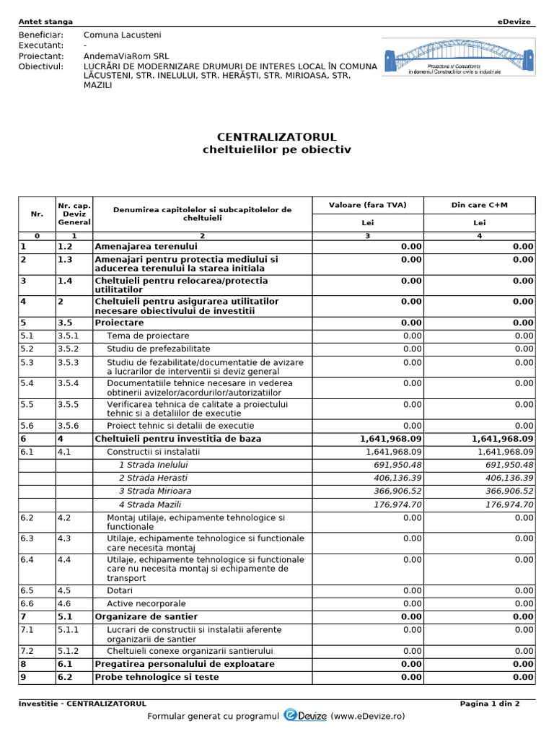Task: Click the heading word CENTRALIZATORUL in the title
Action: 277,137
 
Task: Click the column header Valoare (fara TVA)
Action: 367,205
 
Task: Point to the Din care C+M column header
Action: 479,205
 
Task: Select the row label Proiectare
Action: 119,323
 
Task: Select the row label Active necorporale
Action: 146,603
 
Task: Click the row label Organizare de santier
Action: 146,616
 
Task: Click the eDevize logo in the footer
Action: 306,715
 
